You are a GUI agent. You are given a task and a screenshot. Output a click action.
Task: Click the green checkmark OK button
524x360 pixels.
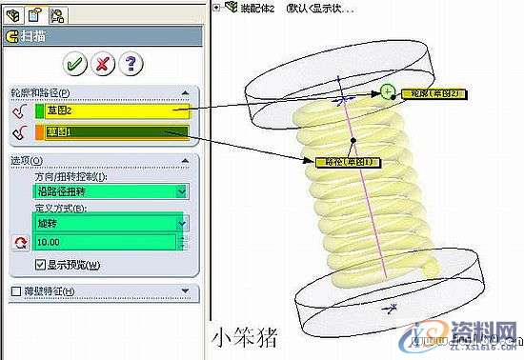(74, 64)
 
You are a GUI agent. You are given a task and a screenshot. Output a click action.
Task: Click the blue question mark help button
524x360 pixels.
(131, 64)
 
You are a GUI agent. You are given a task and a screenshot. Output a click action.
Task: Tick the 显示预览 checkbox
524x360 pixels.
(39, 265)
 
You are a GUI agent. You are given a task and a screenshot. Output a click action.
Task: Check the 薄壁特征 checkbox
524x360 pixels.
(13, 290)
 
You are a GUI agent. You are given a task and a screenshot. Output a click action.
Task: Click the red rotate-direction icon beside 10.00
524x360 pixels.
(19, 242)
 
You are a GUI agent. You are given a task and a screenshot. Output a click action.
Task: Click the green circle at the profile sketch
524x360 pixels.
(387, 92)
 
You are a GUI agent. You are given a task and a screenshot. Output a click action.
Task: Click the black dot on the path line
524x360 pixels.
(353, 140)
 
